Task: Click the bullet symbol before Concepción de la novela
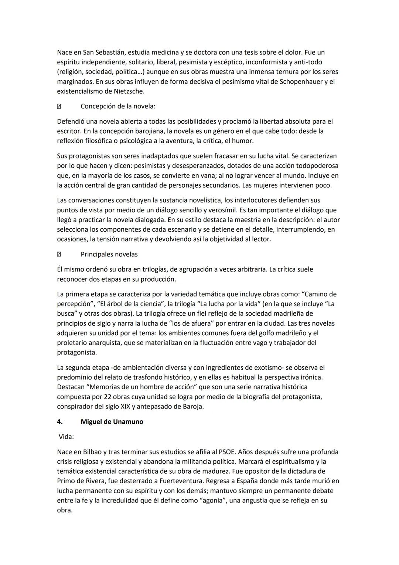pyautogui.click(x=59, y=107)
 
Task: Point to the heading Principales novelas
pyautogui.click(x=109, y=255)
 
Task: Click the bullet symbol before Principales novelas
pyautogui.click(x=59, y=255)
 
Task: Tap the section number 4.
pyautogui.click(x=60, y=422)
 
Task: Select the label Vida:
pyautogui.click(x=66, y=437)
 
